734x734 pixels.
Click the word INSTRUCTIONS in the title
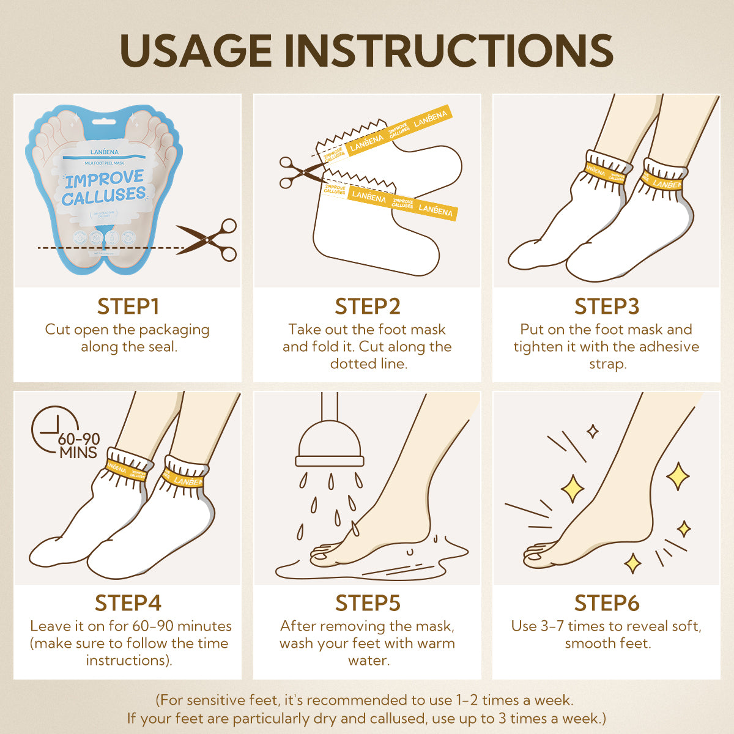449,50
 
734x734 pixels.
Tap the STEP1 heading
128,306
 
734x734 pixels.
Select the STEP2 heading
368,306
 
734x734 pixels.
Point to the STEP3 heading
607,306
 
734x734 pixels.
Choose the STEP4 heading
128,603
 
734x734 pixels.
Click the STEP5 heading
368,603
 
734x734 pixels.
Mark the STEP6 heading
607,603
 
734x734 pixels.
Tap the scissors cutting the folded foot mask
300,172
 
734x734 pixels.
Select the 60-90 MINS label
78,446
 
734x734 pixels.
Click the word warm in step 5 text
436,643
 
